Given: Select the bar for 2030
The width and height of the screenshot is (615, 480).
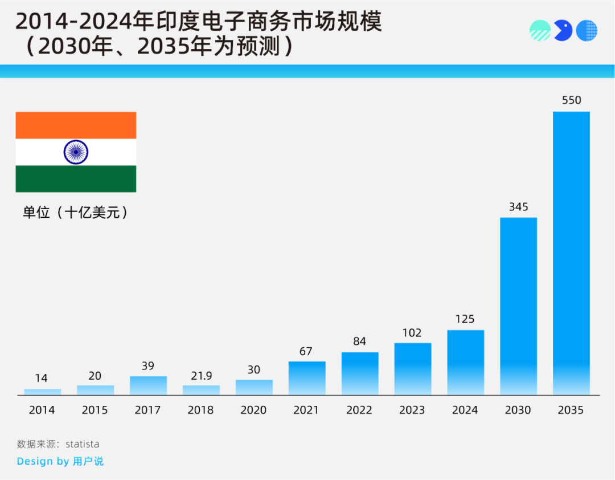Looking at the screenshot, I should (x=518, y=306).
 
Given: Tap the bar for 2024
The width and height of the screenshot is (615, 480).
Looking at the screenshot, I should (x=465, y=362).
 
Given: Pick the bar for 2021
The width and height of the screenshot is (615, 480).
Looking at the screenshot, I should (x=307, y=378).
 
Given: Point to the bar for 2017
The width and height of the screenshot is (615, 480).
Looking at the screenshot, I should (x=148, y=385).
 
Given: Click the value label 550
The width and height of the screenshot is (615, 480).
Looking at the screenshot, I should (x=571, y=100).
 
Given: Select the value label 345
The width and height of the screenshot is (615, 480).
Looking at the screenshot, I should (x=518, y=207).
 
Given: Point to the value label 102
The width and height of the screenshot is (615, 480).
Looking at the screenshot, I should (x=412, y=332).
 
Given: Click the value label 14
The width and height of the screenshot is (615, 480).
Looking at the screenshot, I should (x=42, y=379).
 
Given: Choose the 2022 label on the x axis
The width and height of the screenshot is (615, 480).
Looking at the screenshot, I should (x=359, y=410).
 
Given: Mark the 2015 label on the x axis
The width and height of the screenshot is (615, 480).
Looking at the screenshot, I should (x=95, y=410).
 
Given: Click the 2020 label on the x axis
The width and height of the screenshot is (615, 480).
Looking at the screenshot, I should (x=254, y=410).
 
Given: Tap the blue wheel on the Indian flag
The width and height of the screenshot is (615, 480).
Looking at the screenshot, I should (x=76, y=152).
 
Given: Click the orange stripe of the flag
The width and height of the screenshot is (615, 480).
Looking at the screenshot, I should (x=76, y=125).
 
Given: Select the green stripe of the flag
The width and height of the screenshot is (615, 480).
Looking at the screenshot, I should (x=76, y=178).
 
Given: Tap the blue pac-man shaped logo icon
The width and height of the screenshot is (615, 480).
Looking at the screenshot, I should (x=563, y=30).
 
